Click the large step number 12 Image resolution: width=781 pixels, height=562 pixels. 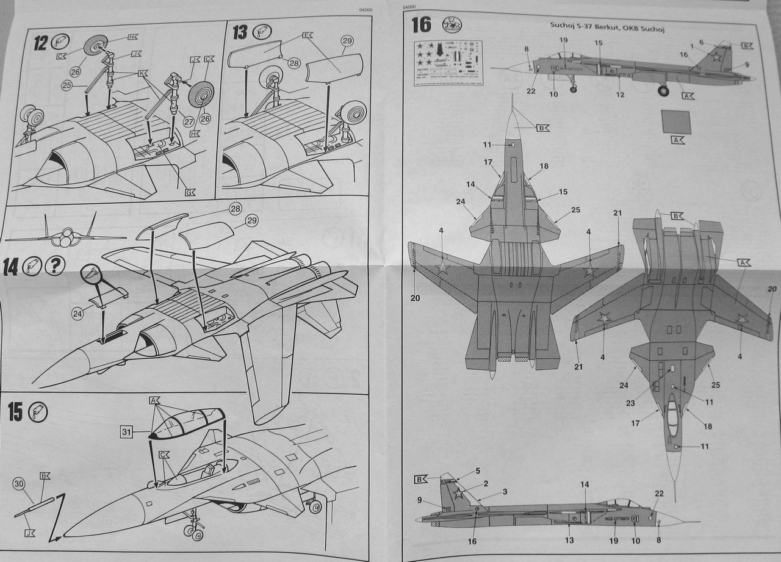[40, 44]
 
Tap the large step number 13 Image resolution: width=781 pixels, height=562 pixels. [239, 32]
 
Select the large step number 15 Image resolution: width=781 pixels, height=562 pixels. [15, 412]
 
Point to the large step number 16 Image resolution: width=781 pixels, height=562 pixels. [421, 25]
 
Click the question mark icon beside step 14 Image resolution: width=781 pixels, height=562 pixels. [56, 266]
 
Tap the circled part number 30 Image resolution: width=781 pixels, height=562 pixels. [19, 484]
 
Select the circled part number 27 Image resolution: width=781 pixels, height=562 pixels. [189, 121]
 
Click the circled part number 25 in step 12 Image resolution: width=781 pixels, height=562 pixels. [68, 85]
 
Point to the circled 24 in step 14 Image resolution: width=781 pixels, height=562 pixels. [77, 314]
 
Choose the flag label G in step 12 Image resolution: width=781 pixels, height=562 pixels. [190, 193]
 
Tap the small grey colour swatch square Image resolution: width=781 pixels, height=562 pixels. [676, 122]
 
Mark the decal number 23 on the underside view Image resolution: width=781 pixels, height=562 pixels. [630, 403]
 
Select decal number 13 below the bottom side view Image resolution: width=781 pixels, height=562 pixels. [569, 540]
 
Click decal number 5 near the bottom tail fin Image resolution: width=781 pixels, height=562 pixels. [478, 471]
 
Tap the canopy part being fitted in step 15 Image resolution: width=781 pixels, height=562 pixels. [186, 422]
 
